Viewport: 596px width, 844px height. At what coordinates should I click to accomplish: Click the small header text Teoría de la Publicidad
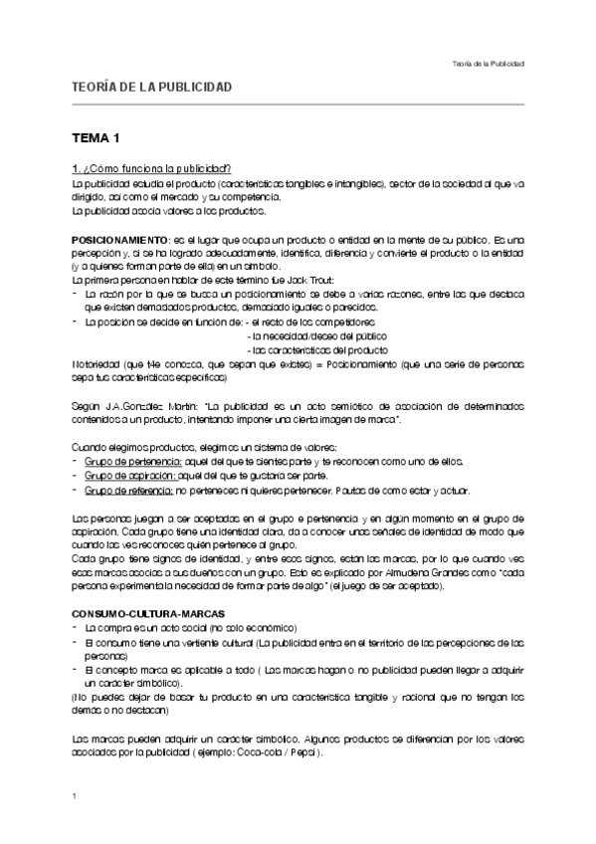[x=488, y=63]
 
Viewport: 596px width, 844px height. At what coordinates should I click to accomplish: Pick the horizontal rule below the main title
[x=298, y=104]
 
